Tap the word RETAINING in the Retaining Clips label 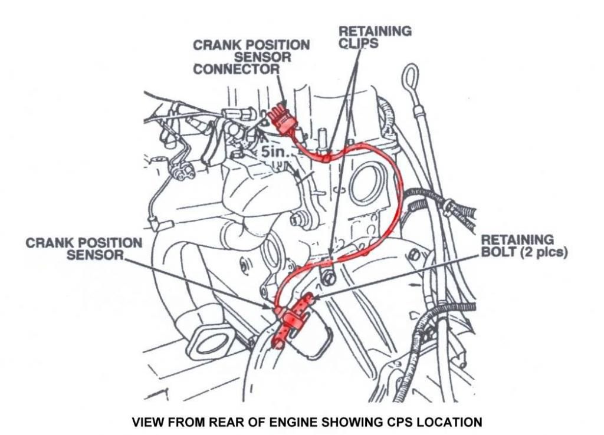coord(375,31)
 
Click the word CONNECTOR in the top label coord(236,70)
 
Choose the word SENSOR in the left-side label coord(95,255)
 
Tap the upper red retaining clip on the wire coord(326,157)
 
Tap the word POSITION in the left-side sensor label coord(110,243)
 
